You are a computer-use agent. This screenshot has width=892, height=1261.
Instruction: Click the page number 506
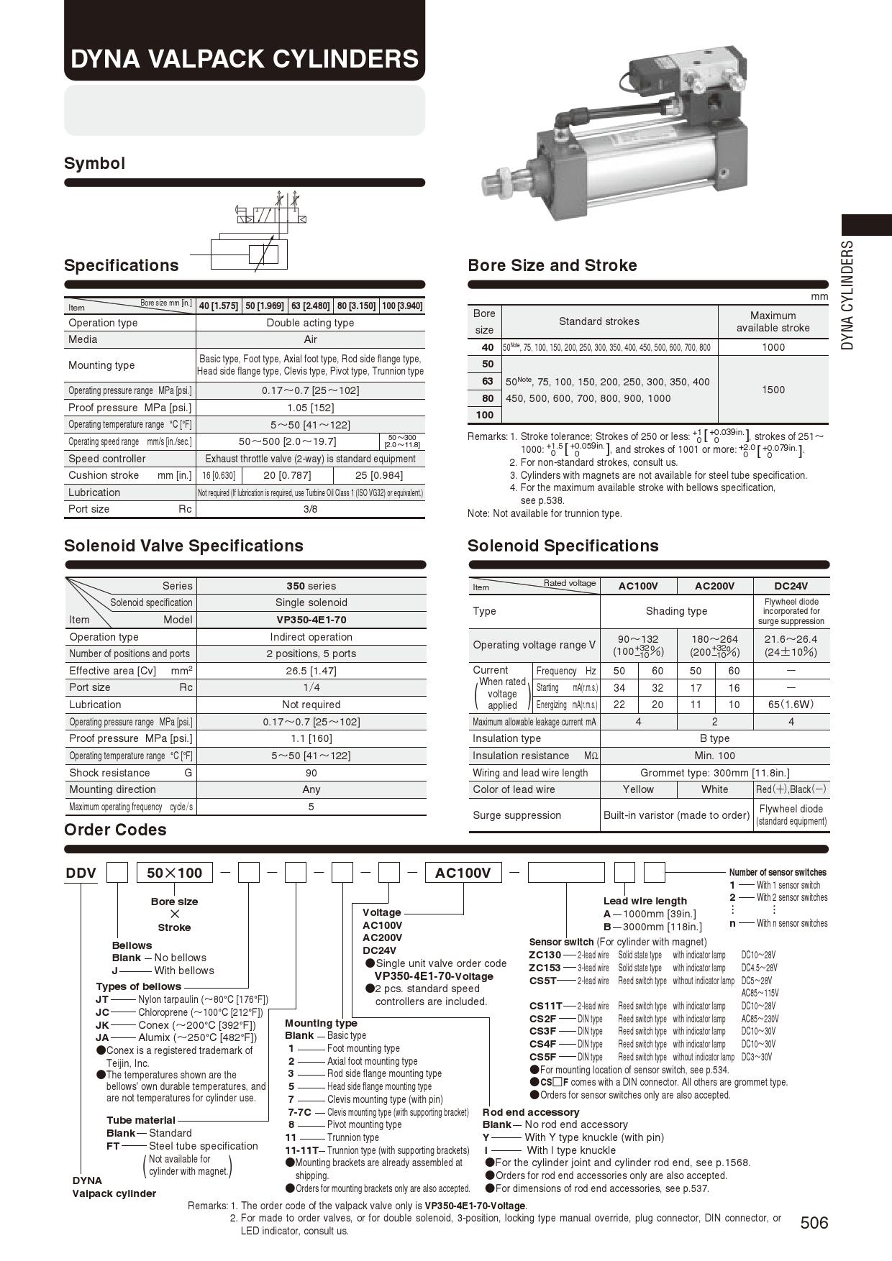(x=814, y=1222)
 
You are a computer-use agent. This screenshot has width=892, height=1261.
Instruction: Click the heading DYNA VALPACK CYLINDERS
(x=244, y=58)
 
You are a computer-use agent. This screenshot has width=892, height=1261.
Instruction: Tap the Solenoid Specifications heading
(x=563, y=546)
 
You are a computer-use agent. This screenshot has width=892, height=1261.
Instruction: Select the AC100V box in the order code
(x=463, y=873)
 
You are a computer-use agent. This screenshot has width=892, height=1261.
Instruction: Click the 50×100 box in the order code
(x=174, y=873)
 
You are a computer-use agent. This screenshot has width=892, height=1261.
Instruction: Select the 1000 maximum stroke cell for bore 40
(x=773, y=347)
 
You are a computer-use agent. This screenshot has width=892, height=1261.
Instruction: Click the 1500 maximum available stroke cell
(x=773, y=390)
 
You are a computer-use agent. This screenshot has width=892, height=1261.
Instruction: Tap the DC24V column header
(x=791, y=586)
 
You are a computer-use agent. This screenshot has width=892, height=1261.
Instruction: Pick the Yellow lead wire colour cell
(x=638, y=789)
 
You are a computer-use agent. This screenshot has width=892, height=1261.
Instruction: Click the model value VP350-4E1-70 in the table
(x=311, y=620)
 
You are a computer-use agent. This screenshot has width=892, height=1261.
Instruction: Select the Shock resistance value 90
(x=311, y=773)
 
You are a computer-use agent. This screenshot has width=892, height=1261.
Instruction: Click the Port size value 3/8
(x=310, y=509)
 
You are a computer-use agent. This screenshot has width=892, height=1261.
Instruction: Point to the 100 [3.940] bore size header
(x=402, y=306)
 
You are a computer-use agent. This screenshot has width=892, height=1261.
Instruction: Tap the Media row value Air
(x=310, y=339)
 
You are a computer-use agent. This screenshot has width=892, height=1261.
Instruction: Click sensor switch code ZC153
(x=545, y=968)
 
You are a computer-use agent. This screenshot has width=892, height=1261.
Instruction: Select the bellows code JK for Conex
(x=102, y=1025)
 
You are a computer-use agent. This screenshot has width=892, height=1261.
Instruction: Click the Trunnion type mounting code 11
(x=291, y=1137)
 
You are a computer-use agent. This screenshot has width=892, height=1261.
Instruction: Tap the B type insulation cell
(x=714, y=738)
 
